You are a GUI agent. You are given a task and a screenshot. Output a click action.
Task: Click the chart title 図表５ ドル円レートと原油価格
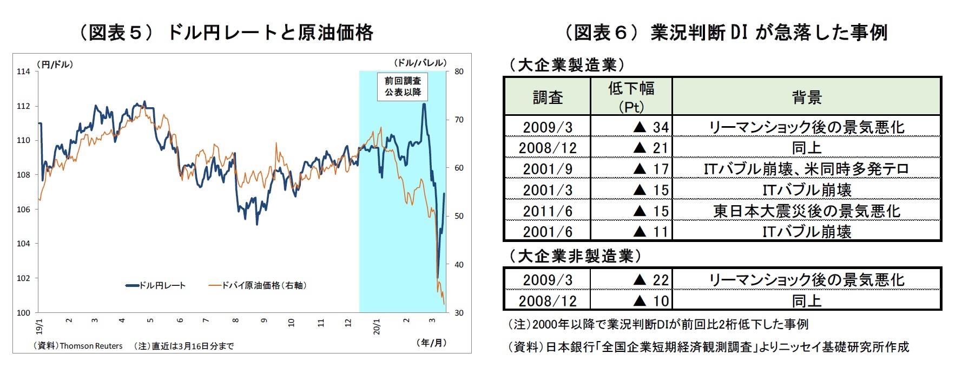pos(226,32)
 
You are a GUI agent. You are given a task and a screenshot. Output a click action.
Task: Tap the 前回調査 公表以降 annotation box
pos(403,87)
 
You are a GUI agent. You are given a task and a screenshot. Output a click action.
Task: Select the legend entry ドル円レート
pos(156,285)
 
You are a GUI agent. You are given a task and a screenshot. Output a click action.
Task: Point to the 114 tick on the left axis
pos(23,71)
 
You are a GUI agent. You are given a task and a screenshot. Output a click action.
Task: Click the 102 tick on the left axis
pos(23,278)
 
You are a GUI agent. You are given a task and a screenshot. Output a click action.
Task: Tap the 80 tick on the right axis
pos(459,71)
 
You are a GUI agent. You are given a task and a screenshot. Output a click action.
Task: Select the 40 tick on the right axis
pos(459,265)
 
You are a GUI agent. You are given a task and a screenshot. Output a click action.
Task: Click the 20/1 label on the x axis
pos(377,326)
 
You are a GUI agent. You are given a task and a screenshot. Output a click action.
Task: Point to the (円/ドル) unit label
pos(55,64)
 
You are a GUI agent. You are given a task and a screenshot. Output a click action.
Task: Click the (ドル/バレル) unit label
pos(420,63)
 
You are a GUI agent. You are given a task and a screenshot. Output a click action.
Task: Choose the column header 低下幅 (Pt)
pos(631,96)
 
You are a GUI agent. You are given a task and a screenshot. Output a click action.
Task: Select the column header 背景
pos(806,97)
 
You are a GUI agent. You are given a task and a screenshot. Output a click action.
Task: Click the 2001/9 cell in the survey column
pos(547,169)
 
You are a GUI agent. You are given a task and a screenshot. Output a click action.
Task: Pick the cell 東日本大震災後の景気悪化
pos(806,211)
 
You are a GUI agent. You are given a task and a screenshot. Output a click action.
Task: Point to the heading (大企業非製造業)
pos(575,256)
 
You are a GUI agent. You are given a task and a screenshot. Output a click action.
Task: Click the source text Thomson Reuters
pos(91,346)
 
